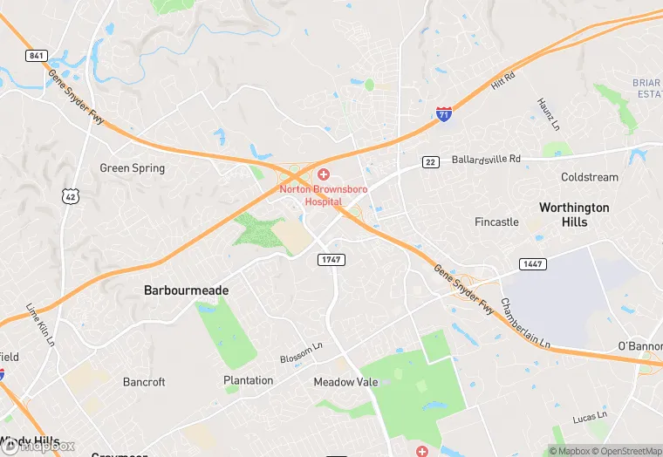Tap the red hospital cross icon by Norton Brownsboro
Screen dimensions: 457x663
point(324,175)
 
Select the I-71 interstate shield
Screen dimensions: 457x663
point(444,114)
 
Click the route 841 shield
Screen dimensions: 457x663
point(36,56)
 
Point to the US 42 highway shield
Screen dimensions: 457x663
point(70,197)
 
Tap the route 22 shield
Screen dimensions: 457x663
point(430,161)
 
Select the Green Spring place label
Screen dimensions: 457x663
point(132,168)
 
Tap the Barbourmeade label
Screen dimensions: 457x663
point(186,290)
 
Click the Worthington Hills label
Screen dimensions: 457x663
point(574,215)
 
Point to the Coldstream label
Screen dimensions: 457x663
point(590,177)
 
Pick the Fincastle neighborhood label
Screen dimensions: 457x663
point(496,222)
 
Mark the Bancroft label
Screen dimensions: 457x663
point(144,382)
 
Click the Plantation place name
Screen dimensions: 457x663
point(248,380)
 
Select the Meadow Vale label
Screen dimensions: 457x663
point(345,382)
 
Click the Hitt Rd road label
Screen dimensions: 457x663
point(503,81)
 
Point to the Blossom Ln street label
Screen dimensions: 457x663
point(301,353)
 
